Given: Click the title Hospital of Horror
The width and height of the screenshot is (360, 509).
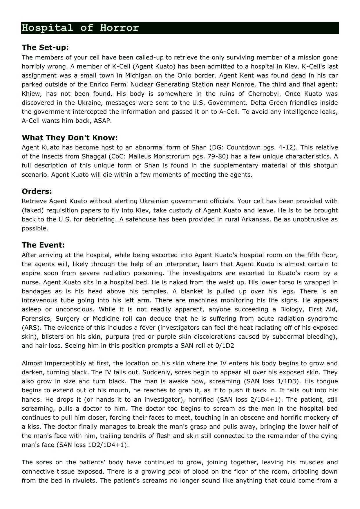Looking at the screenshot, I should pos(80,28).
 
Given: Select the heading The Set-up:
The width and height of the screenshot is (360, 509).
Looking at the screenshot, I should pos(45,47).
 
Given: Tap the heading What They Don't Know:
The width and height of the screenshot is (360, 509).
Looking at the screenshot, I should pos(70,138).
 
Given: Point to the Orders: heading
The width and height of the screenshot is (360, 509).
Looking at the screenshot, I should pos(37,191).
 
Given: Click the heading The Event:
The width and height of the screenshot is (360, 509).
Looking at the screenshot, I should pos(43,245).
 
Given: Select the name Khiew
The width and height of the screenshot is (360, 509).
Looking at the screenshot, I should pos(32,94).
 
